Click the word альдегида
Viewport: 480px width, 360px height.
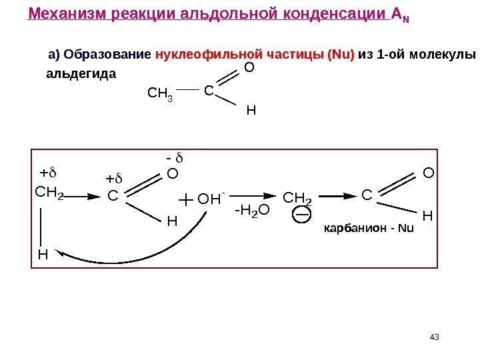click(x=80, y=73)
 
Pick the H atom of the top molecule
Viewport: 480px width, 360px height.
click(x=251, y=111)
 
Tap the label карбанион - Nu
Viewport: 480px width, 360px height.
click(x=369, y=229)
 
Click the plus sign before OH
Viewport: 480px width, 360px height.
click(x=185, y=199)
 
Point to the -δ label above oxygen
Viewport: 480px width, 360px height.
click(x=175, y=159)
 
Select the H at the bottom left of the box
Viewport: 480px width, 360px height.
click(x=43, y=254)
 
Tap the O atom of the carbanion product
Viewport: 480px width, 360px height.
click(x=428, y=173)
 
